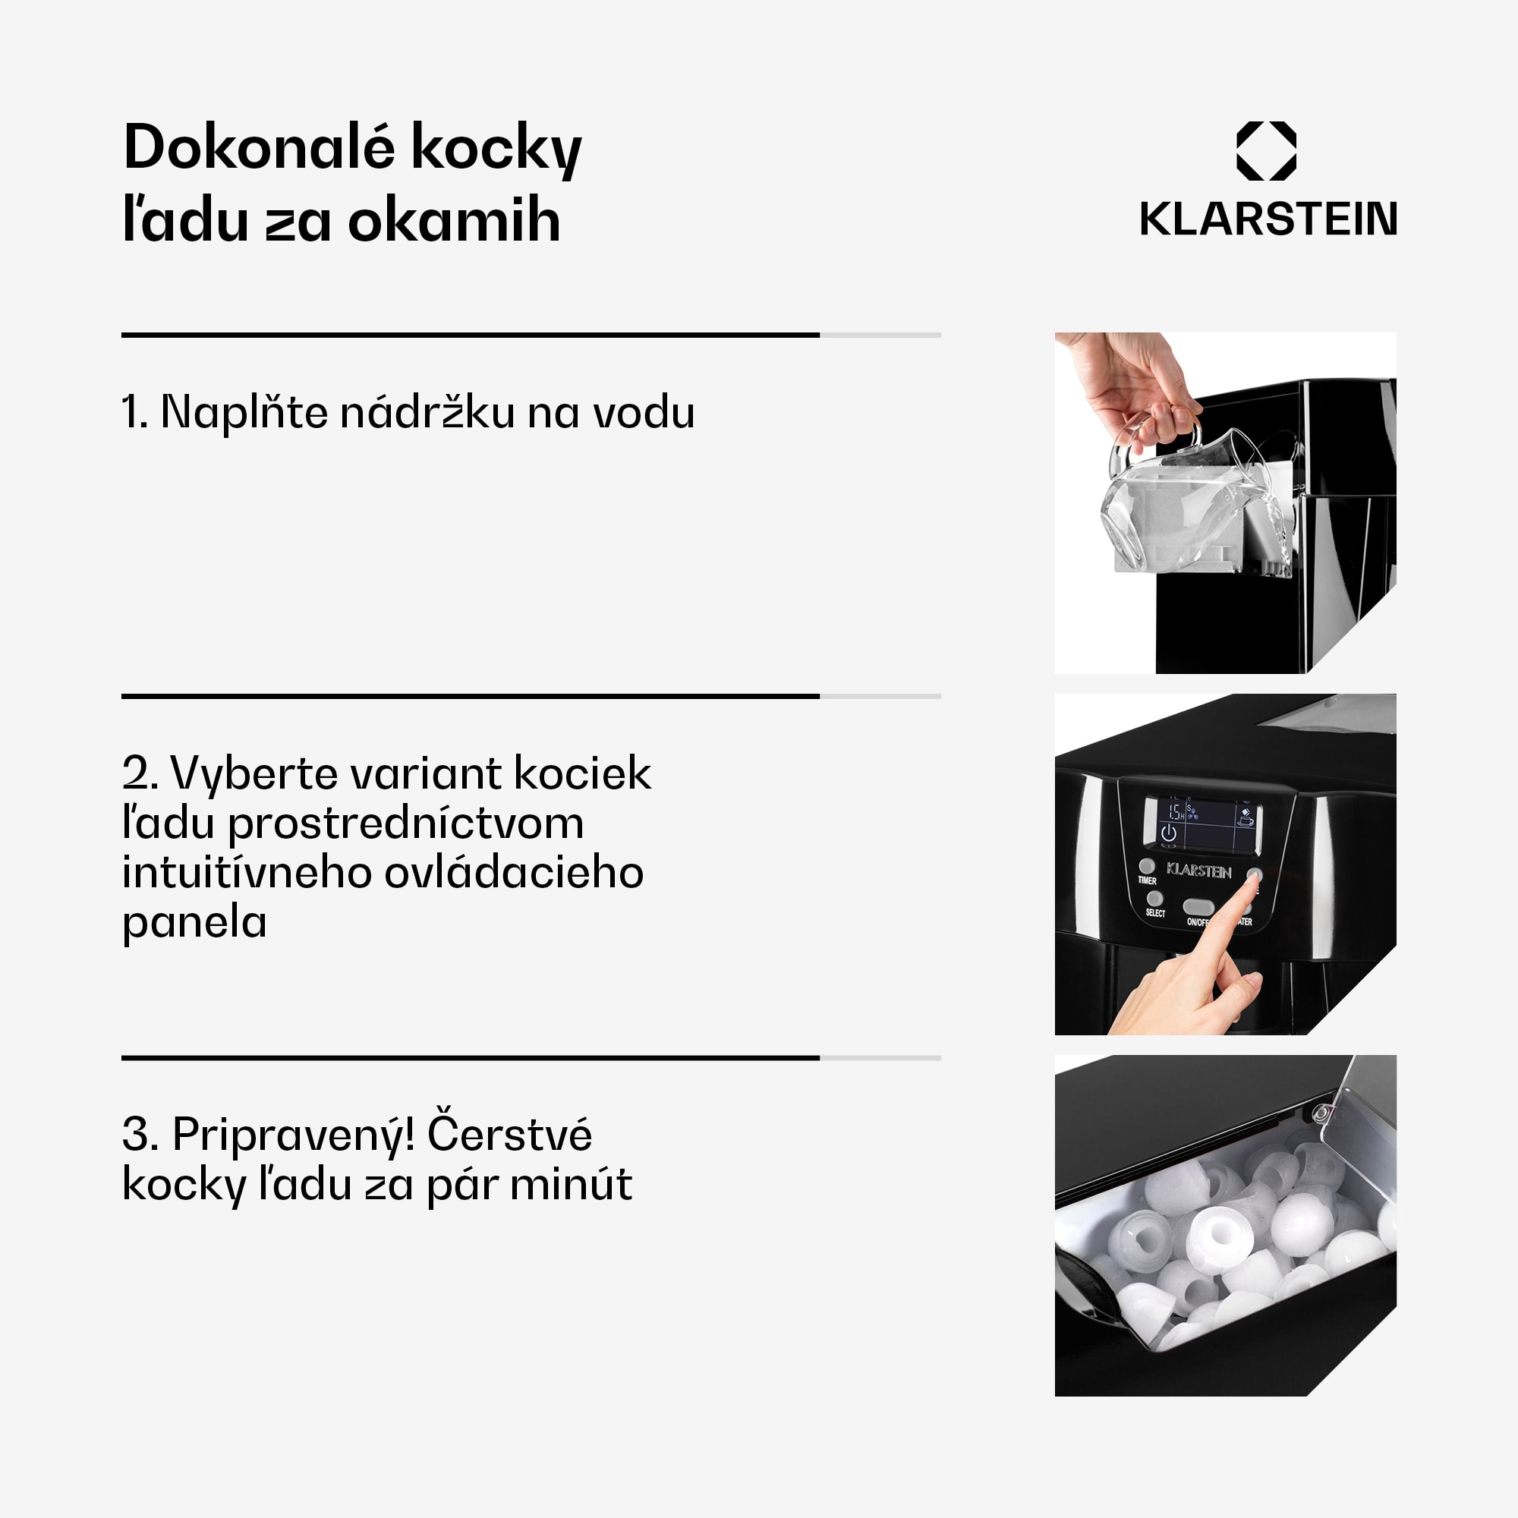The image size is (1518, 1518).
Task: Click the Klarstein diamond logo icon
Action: [x=1266, y=151]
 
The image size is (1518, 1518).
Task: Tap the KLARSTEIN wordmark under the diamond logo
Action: [x=1268, y=219]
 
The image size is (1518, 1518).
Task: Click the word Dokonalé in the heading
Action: [x=259, y=148]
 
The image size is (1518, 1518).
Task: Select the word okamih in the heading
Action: [x=453, y=221]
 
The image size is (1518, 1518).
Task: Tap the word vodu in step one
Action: [x=644, y=411]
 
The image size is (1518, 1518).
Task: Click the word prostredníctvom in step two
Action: [x=405, y=824]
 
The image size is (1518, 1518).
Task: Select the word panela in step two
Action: [x=194, y=921]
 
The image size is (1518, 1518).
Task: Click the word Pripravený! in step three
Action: [x=293, y=1135]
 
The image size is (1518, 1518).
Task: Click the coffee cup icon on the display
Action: [x=1246, y=822]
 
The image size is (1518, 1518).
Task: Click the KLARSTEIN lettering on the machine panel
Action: [x=1199, y=871]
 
